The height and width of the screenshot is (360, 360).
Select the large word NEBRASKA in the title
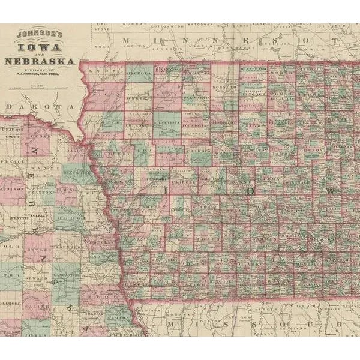40,61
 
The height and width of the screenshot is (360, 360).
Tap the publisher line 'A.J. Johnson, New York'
43,76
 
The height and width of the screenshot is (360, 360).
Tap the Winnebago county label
253,70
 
